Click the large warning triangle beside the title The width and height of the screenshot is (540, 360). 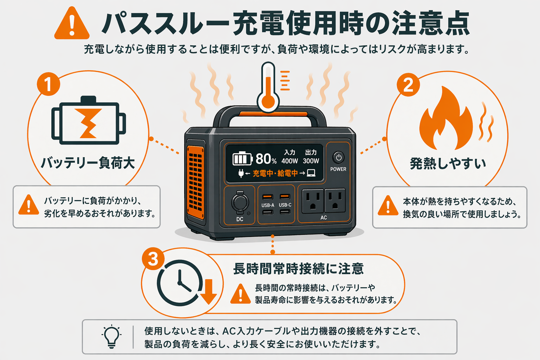click(x=72, y=24)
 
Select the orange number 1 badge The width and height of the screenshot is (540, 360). click(x=48, y=84)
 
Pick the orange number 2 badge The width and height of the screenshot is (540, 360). click(x=408, y=85)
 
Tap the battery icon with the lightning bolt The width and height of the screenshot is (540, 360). click(x=89, y=121)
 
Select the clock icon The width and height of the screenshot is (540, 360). click(x=180, y=283)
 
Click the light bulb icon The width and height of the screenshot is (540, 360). click(x=111, y=336)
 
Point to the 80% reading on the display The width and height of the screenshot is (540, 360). click(x=266, y=159)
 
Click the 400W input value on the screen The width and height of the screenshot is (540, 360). click(x=290, y=161)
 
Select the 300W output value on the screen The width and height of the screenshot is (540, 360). click(x=311, y=161)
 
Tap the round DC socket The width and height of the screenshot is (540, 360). click(x=240, y=203)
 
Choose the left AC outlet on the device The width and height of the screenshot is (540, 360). click(x=313, y=201)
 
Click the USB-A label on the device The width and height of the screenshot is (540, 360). click(x=268, y=205)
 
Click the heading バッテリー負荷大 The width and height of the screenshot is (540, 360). click(x=88, y=163)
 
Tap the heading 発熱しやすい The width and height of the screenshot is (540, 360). click(x=448, y=164)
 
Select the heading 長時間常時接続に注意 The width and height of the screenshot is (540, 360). click(x=298, y=269)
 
